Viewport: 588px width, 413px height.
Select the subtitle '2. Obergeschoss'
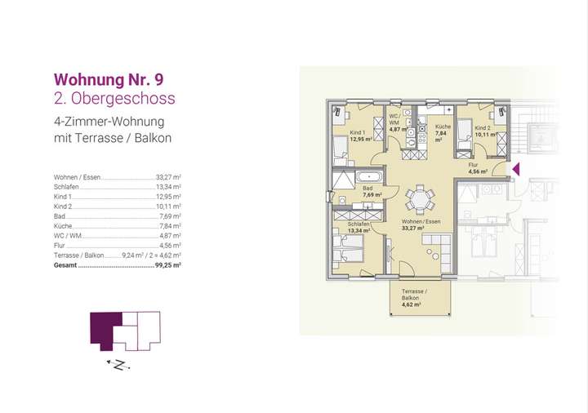114,99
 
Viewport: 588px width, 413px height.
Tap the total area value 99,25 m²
167,265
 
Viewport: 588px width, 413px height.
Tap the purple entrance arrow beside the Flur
515,170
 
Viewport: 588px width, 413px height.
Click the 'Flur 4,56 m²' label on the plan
477,169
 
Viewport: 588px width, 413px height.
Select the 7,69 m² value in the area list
167,216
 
